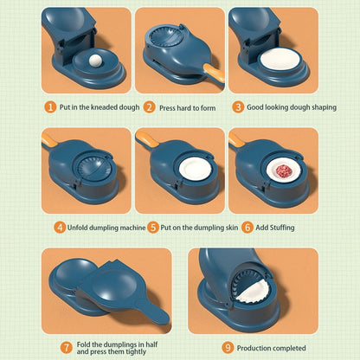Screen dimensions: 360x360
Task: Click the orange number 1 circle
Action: point(51,107)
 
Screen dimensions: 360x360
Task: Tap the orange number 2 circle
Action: point(149,107)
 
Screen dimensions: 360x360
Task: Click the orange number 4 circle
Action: point(60,227)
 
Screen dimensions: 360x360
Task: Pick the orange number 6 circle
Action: point(247,227)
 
